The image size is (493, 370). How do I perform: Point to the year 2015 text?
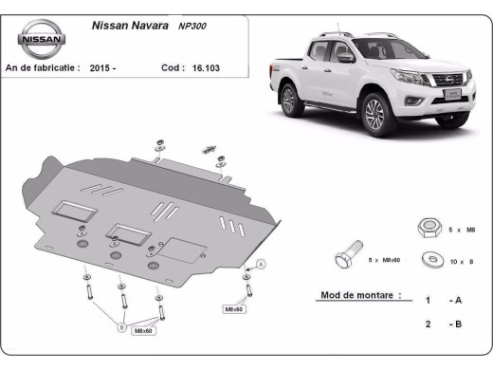pos(102,68)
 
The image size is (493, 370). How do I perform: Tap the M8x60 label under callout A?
pos(234,309)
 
